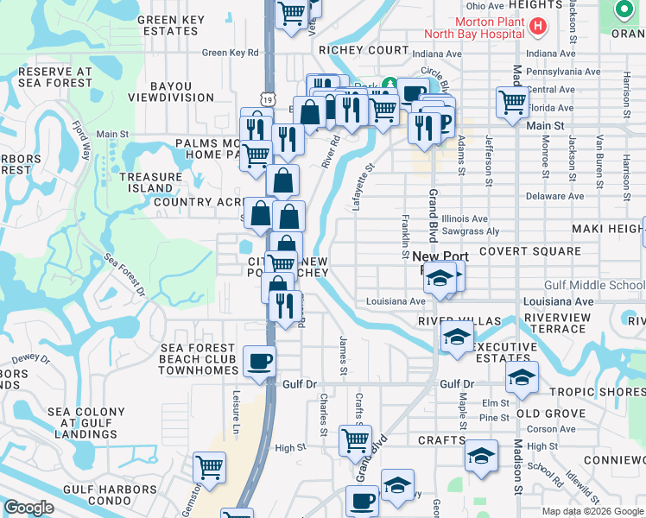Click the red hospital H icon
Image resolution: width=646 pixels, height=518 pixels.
pyautogui.click(x=538, y=27)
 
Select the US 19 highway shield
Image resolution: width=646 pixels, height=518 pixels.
pyautogui.click(x=271, y=77)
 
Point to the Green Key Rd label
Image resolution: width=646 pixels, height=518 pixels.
pyautogui.click(x=231, y=53)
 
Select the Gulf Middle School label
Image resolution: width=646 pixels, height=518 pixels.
pyautogui.click(x=594, y=286)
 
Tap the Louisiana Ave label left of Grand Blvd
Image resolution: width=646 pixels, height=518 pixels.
pyautogui.click(x=396, y=301)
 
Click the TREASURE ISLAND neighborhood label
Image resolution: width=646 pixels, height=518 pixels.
pyautogui.click(x=146, y=182)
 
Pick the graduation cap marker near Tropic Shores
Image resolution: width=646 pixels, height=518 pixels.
pyautogui.click(x=522, y=377)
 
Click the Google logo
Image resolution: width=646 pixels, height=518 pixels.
pyautogui.click(x=28, y=508)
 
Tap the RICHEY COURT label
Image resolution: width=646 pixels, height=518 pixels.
pyautogui.click(x=363, y=50)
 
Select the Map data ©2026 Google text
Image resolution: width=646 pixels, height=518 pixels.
pyautogui.click(x=592, y=511)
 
